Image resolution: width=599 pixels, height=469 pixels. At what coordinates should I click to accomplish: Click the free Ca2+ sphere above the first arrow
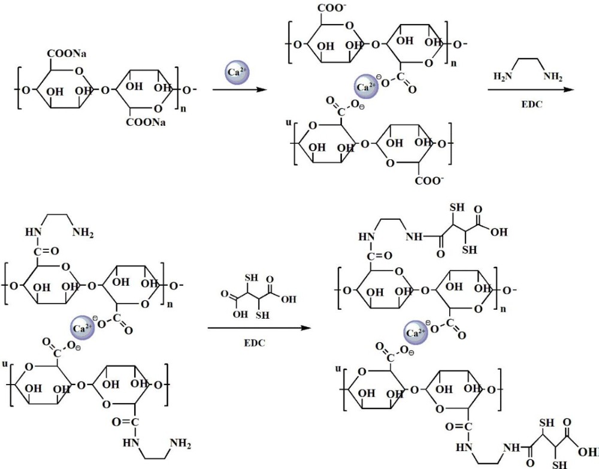237,72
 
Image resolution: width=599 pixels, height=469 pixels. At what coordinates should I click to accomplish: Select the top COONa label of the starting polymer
67,54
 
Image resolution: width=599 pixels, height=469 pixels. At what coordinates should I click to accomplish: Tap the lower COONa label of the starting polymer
146,122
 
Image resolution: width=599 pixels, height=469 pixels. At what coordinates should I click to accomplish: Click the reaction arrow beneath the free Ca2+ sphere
239,90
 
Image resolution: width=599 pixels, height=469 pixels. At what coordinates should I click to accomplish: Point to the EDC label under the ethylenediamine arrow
532,104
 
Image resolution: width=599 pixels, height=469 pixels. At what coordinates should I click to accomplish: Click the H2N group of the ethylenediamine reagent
503,77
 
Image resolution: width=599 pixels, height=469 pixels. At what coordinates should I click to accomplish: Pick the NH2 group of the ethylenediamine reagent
553,77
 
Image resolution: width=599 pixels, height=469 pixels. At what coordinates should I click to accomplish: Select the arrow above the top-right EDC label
531,90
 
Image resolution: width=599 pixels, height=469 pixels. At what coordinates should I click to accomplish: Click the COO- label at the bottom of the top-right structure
429,180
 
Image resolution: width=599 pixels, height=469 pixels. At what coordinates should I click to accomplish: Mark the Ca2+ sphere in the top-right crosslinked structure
366,87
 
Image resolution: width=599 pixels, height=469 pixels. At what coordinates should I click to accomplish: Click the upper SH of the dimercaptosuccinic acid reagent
252,278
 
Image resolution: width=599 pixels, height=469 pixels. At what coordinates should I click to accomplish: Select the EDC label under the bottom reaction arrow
255,343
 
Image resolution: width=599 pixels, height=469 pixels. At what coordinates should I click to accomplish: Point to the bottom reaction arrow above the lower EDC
259,328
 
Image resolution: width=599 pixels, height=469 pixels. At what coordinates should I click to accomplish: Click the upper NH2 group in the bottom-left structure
83,232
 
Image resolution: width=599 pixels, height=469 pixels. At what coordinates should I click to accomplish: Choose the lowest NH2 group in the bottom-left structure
180,443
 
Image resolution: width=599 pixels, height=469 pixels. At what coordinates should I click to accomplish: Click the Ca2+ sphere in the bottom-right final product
416,332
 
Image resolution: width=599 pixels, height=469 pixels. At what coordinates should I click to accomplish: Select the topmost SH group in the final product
457,207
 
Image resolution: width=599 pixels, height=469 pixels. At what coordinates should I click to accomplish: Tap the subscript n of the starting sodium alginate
183,108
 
